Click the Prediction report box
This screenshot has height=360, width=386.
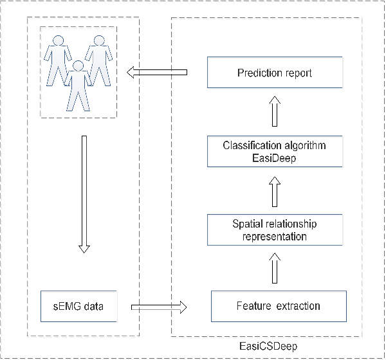coord(274,73)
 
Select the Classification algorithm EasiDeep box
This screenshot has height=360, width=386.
coord(274,152)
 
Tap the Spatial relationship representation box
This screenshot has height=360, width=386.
coord(274,230)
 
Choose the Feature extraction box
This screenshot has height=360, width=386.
coord(279,307)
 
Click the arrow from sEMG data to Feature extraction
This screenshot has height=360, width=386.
coord(158,307)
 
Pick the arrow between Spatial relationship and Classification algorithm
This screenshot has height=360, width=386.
coord(275,191)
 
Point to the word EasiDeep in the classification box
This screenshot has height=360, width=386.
coord(274,157)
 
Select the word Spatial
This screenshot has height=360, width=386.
coord(248,224)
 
